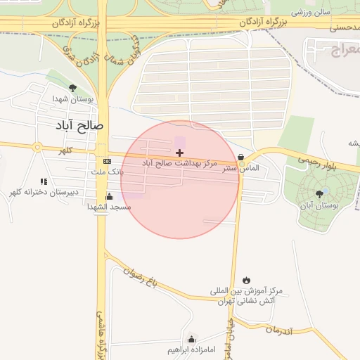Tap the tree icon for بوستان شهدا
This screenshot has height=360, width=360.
click(x=72, y=88)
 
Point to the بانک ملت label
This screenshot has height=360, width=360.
click(x=107, y=172)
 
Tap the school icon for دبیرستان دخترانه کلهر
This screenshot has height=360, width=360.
click(x=44, y=181)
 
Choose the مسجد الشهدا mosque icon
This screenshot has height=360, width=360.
click(x=109, y=196)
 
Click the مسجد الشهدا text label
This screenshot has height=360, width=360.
click(x=109, y=207)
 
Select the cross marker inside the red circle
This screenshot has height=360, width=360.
click(x=179, y=153)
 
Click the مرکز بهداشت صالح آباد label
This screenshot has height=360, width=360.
click(x=179, y=163)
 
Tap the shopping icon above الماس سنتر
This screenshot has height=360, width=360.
click(x=242, y=157)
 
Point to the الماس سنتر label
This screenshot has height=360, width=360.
click(x=241, y=169)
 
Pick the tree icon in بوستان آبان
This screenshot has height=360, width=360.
click(x=320, y=193)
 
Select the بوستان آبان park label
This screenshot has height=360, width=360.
click(x=320, y=205)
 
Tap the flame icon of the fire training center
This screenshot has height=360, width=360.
click(x=245, y=280)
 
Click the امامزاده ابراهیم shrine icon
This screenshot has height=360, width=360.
click(x=191, y=340)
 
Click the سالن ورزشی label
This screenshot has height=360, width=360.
click(x=310, y=13)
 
